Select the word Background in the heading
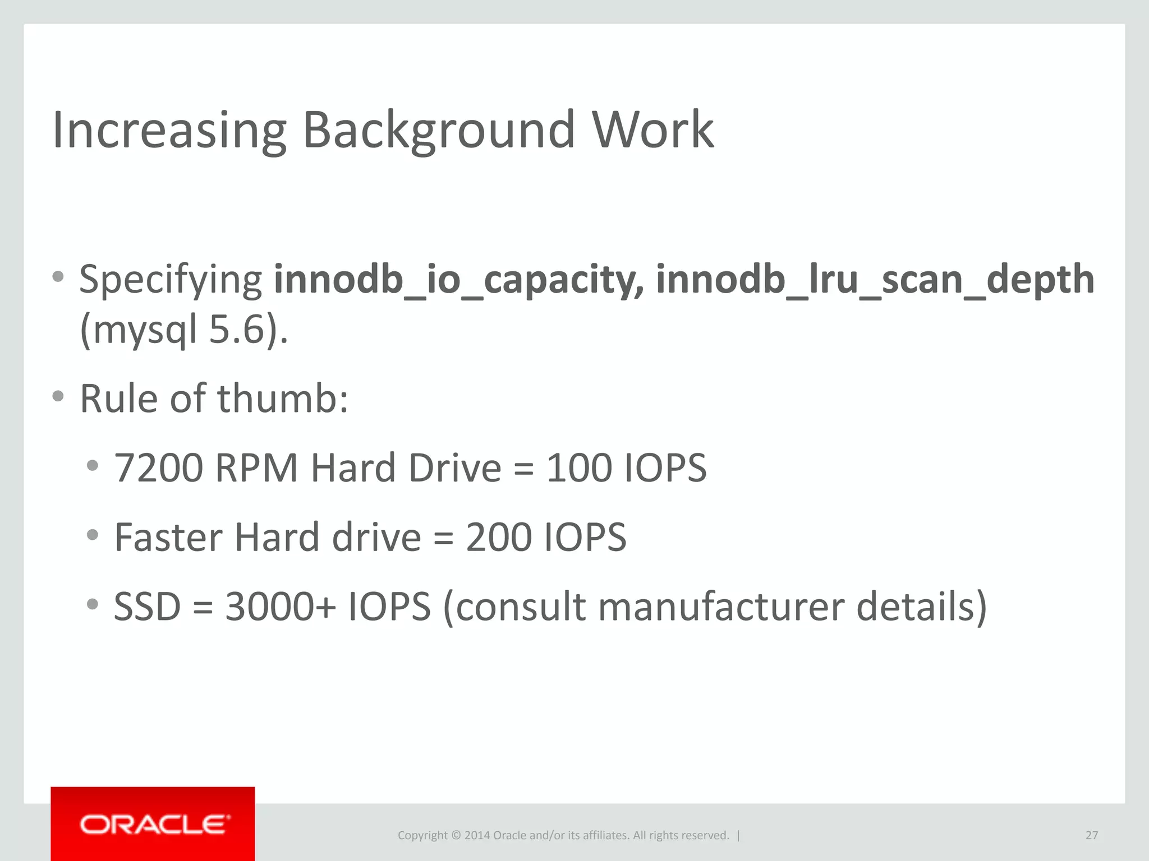(x=439, y=130)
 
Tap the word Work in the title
(x=653, y=130)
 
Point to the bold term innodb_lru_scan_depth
(x=875, y=279)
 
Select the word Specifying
(x=171, y=279)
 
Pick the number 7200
(x=158, y=467)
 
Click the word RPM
(x=256, y=467)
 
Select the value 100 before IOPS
(x=579, y=467)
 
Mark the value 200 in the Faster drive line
(x=499, y=537)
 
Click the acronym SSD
(x=148, y=607)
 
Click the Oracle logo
(x=153, y=825)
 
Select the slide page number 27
(x=1091, y=835)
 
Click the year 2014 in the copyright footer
(x=477, y=835)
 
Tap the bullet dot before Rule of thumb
(x=58, y=396)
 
